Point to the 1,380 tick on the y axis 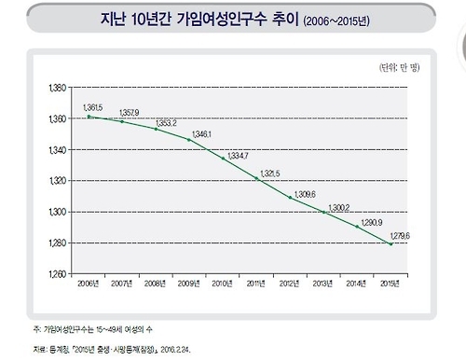click(57, 88)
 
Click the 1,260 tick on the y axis click(57, 274)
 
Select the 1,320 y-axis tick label click(57, 181)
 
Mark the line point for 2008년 click(156, 129)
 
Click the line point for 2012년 click(290, 198)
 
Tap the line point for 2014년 click(357, 227)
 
